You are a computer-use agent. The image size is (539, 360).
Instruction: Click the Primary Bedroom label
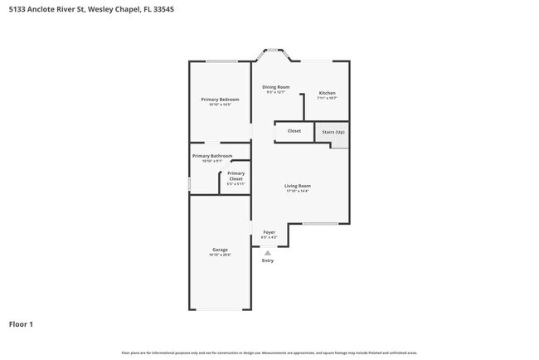point(220,100)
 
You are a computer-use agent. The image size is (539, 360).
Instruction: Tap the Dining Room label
point(275,87)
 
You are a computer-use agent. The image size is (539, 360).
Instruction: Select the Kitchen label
point(327,92)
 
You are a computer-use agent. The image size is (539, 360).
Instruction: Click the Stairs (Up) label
point(333,131)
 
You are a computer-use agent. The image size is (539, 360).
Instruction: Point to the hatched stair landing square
point(339,144)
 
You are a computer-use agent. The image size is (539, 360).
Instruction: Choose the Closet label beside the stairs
point(294,131)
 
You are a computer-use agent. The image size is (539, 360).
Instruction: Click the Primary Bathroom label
point(212,156)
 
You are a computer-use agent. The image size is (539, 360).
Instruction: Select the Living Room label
point(297,186)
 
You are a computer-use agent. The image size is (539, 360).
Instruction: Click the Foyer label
point(269,232)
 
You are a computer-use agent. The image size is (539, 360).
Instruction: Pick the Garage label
point(220,250)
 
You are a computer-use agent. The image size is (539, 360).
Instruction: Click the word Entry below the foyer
point(267,261)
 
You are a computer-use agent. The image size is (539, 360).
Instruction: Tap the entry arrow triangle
point(267,252)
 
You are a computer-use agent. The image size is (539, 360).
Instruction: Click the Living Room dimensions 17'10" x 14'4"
point(297,192)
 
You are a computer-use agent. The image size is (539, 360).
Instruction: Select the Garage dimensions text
point(220,255)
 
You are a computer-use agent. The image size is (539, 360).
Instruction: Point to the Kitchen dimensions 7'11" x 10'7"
point(327,98)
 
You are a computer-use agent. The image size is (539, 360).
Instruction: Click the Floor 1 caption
point(21,324)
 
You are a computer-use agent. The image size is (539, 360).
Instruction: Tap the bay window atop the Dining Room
point(272,54)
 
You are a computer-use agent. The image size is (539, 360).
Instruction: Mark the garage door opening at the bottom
point(220,310)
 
